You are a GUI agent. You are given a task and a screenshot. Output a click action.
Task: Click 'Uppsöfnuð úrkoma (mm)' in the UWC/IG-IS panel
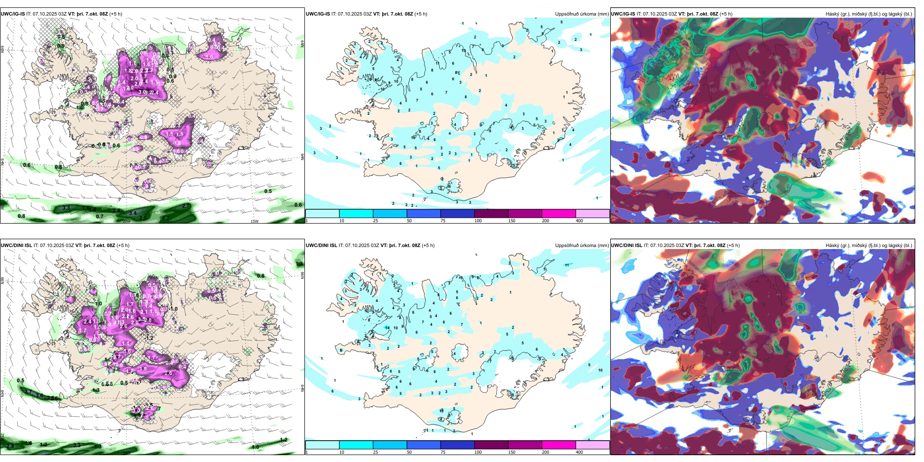click(x=582, y=14)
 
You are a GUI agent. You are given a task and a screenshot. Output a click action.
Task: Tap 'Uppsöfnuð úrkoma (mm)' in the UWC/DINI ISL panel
click(x=582, y=246)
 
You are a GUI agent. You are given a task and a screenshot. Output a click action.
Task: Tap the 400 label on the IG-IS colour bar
click(x=579, y=221)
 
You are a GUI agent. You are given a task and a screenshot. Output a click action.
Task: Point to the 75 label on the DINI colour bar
click(x=443, y=452)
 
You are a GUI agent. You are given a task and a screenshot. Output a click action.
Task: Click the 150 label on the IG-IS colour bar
click(x=512, y=221)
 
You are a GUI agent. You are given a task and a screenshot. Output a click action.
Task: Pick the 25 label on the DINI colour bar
click(x=375, y=452)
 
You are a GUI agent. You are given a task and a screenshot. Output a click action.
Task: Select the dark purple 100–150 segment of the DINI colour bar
click(x=491, y=445)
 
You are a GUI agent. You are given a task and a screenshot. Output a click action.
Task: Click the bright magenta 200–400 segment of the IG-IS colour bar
click(x=559, y=213)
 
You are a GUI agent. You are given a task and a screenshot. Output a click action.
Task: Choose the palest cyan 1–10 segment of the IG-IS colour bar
click(x=322, y=213)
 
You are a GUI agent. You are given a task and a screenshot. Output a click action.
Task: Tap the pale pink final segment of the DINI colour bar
click(x=592, y=445)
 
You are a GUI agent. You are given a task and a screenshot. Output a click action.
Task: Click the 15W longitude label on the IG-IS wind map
click(x=254, y=221)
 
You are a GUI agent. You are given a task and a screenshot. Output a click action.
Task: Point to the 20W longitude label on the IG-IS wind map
click(x=126, y=221)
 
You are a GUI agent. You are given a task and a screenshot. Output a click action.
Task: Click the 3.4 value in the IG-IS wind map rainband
click(x=133, y=213)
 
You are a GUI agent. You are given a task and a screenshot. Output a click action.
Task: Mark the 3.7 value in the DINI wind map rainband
click(x=28, y=392)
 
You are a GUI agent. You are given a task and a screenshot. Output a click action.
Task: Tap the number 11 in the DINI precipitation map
click(x=567, y=265)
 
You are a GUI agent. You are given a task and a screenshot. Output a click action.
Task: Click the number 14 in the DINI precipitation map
click(x=387, y=328)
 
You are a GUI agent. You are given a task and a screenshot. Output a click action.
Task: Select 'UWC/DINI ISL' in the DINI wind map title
click(x=16, y=246)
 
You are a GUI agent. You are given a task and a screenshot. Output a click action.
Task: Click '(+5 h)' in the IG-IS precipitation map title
click(x=421, y=14)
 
